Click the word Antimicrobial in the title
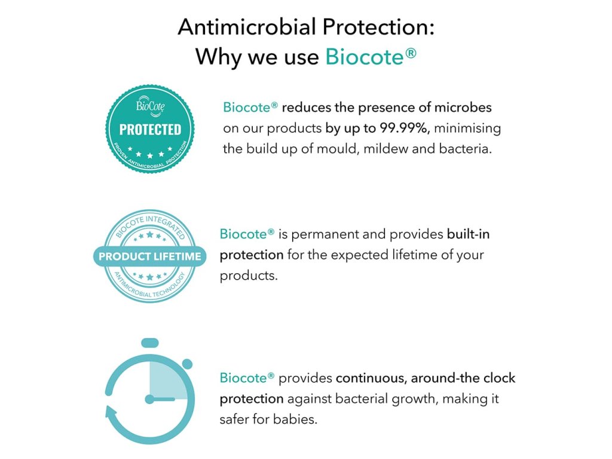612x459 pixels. click(247, 27)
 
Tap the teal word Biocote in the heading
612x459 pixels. click(365, 57)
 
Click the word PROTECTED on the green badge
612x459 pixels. click(150, 130)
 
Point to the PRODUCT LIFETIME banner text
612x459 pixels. click(150, 256)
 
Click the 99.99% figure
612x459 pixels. click(405, 128)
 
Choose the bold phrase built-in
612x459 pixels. click(468, 234)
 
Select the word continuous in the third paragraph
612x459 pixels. click(371, 378)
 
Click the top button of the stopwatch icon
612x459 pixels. click(150, 343)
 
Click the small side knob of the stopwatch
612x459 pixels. click(187, 364)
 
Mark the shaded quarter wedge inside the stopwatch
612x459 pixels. click(167, 381)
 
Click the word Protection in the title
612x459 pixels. click(378, 27)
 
